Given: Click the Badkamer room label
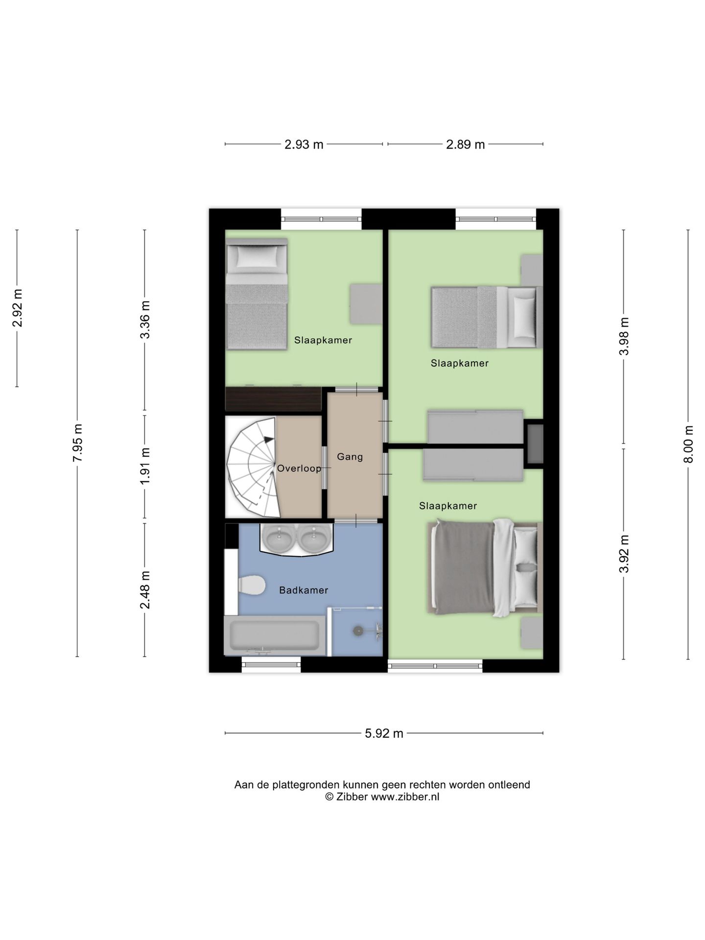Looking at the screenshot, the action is click(304, 590).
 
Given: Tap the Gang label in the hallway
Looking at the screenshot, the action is click(350, 457).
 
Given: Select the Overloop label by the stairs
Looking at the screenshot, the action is click(299, 469).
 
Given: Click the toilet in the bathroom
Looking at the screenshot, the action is click(251, 585).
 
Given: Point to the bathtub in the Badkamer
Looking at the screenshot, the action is click(275, 635).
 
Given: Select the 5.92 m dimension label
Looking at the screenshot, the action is click(384, 733).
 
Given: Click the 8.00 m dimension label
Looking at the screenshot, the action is click(688, 444).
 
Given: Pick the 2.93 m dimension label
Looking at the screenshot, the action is click(304, 144).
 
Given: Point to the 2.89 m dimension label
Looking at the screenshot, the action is click(465, 144).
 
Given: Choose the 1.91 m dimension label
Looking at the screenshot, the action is click(145, 466).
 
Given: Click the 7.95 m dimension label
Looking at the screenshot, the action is click(77, 443).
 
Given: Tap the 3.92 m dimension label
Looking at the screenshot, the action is click(624, 554).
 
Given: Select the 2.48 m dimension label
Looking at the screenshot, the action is click(145, 590).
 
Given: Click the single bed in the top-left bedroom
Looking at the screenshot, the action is click(257, 294).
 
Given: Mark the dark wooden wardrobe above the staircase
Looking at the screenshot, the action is click(273, 399).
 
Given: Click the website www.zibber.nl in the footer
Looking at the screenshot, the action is click(405, 797).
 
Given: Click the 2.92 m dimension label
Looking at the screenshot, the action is click(17, 308).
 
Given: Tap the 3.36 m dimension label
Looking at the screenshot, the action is click(145, 320).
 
